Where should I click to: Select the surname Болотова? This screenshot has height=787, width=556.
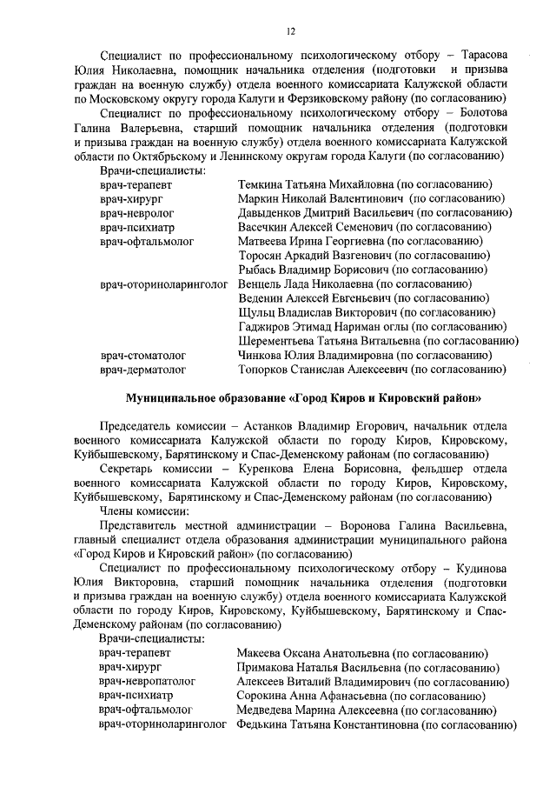[478, 113]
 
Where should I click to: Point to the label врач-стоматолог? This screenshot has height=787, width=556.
[142, 355]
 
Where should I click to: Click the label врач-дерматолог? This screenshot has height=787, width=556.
[142, 370]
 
